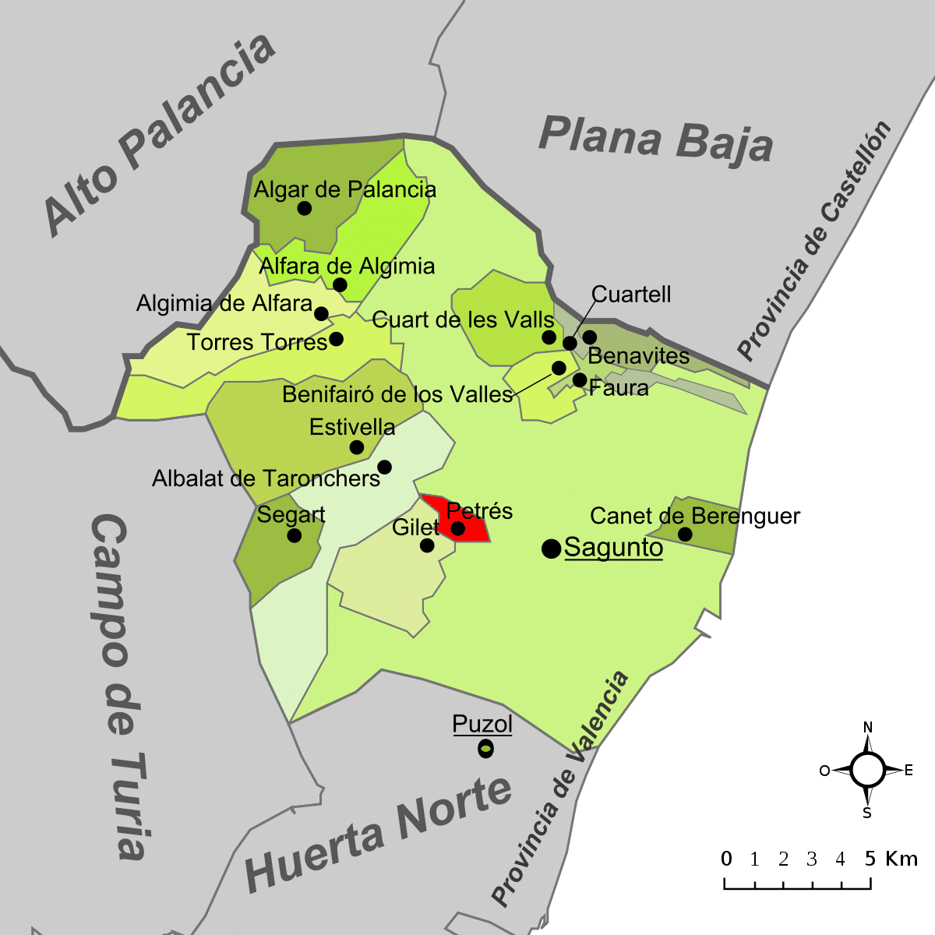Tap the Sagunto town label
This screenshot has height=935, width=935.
tap(613, 548)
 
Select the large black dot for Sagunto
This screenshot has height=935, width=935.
tap(552, 549)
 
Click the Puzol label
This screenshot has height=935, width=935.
tap(482, 724)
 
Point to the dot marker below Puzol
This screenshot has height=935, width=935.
tap(485, 750)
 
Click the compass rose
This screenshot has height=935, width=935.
tap(867, 771)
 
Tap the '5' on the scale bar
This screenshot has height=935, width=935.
tap(870, 859)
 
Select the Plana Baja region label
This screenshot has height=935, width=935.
tap(655, 140)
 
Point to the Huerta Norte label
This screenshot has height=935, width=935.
tap(379, 834)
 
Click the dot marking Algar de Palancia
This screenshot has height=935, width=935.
tap(305, 208)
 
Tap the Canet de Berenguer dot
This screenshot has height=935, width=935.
tap(685, 534)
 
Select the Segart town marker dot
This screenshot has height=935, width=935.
tap(294, 535)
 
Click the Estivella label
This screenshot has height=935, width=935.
tap(352, 427)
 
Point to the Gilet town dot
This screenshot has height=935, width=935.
tap(427, 545)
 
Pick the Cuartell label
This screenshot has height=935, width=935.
tap(631, 295)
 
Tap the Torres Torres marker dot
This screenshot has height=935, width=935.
tap(336, 339)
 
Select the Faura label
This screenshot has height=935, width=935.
tap(619, 387)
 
